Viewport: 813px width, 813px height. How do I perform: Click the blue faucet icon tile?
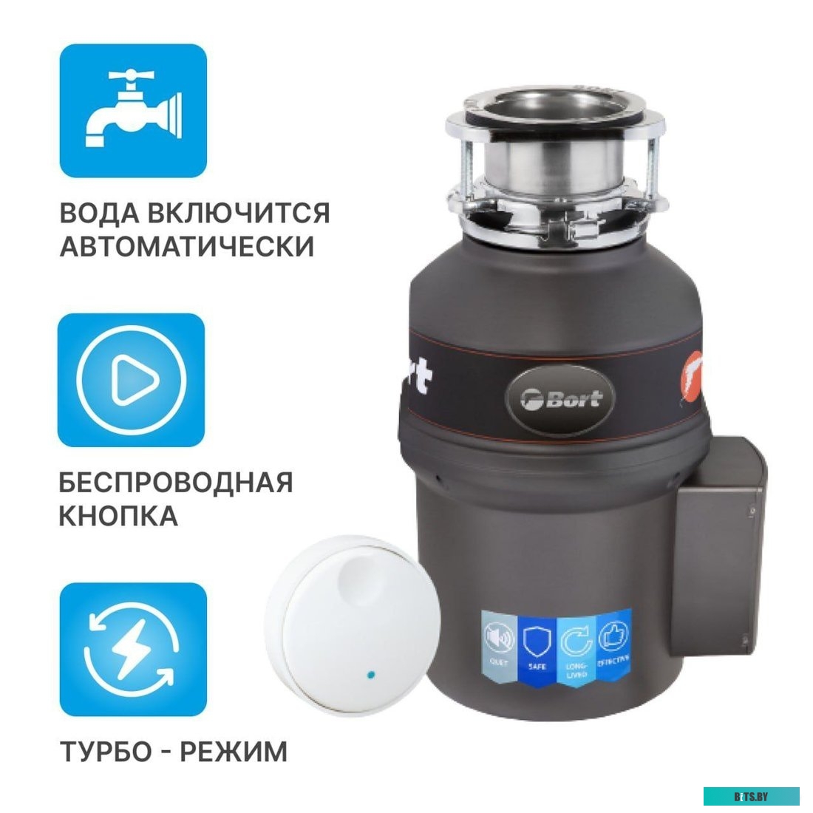(x=133, y=110)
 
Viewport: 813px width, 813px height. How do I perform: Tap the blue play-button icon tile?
(x=132, y=380)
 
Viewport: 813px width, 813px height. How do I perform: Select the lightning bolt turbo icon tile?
(x=133, y=649)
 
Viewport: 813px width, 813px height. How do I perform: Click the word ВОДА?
(x=99, y=214)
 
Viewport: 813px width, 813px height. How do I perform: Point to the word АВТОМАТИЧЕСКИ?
(x=187, y=246)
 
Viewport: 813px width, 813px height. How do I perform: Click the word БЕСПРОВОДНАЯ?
(x=176, y=483)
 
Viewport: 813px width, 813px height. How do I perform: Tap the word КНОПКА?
(x=118, y=516)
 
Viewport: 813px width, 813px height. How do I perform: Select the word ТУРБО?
(x=102, y=752)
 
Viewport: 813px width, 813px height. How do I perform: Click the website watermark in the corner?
(x=751, y=796)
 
